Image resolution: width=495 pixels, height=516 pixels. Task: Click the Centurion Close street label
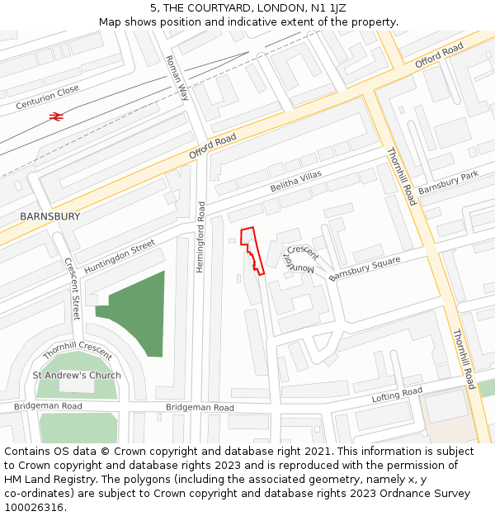(x=47, y=96)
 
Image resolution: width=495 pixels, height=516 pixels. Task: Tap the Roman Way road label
(x=177, y=78)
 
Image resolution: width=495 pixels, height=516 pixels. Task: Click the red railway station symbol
(x=57, y=117)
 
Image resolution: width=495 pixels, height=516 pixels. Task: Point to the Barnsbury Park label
(x=448, y=184)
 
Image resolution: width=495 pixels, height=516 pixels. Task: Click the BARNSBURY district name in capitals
(x=50, y=216)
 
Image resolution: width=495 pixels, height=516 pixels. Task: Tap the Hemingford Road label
(x=200, y=230)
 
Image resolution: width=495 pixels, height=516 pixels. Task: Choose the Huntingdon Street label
(x=120, y=257)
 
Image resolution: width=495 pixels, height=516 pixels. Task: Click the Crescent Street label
(x=73, y=289)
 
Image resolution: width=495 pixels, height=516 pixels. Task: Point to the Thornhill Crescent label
(x=77, y=351)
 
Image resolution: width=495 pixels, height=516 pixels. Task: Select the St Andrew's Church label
(x=77, y=375)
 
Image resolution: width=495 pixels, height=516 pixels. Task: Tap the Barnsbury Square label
(x=364, y=269)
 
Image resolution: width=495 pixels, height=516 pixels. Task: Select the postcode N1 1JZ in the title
(x=328, y=8)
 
